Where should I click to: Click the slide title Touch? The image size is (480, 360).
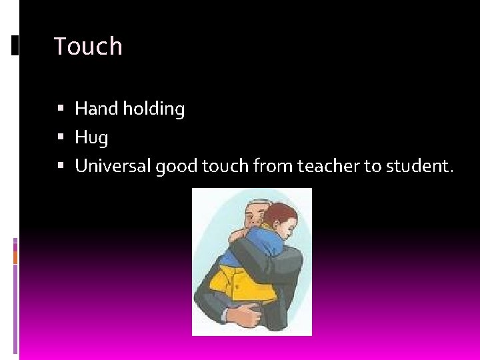[88, 47]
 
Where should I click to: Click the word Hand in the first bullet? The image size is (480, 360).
[96, 109]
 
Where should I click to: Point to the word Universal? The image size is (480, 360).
[113, 166]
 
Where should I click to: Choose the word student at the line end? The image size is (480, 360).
[417, 166]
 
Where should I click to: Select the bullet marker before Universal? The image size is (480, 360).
[61, 166]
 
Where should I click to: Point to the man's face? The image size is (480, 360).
[253, 217]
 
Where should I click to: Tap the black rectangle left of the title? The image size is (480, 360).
[15, 45]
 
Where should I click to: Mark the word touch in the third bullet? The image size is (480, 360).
[225, 166]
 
